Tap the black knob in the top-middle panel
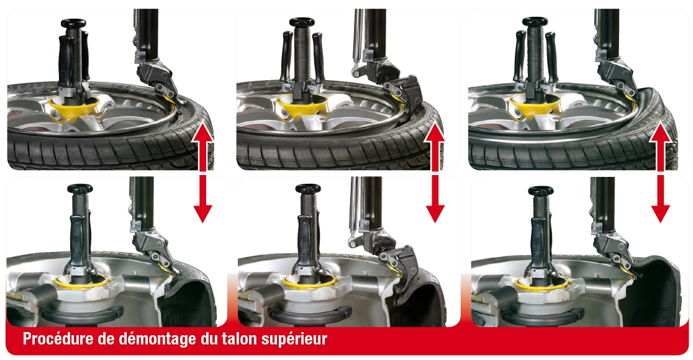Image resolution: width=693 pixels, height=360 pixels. (x=302, y=22)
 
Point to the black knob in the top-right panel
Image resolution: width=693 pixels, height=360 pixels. (x=535, y=22)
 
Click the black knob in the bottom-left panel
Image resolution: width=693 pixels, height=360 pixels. (x=80, y=189)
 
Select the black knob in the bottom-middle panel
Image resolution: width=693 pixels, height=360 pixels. (x=308, y=189)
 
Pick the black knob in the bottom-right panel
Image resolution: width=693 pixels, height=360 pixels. (x=541, y=191)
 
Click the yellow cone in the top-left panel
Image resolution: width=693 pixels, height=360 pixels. (x=73, y=107)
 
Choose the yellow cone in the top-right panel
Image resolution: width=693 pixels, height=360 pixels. (x=534, y=105)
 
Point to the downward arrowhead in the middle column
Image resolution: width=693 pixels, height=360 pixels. (x=435, y=214)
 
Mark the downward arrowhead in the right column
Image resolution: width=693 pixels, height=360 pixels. (x=661, y=214)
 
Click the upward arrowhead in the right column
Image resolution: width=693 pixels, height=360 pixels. (x=661, y=133)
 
